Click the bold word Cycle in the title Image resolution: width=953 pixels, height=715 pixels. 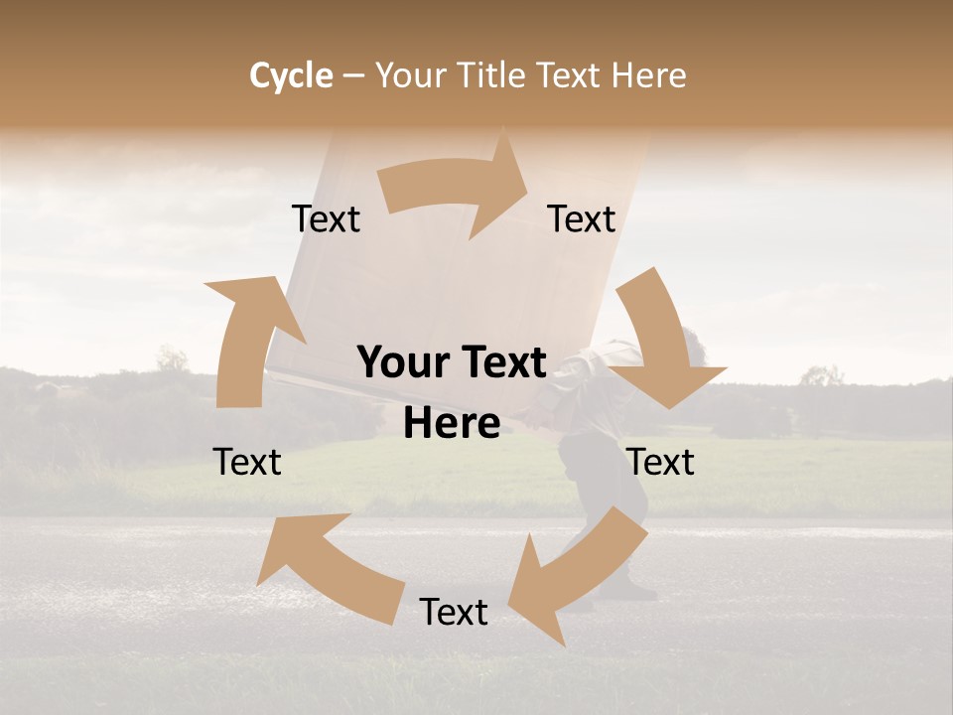pyautogui.click(x=291, y=75)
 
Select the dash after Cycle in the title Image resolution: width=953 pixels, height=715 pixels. pyautogui.click(x=353, y=75)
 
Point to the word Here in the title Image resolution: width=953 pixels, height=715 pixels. pyautogui.click(x=648, y=75)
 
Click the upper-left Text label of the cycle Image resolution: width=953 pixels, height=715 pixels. pyautogui.click(x=326, y=218)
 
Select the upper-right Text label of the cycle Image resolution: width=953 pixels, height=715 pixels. pyautogui.click(x=582, y=218)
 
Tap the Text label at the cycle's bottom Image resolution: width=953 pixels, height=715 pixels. pyautogui.click(x=454, y=612)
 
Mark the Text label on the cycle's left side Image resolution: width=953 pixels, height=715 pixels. pyautogui.click(x=247, y=462)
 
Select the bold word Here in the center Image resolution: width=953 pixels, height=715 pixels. pyautogui.click(x=452, y=424)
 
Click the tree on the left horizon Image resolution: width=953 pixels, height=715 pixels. pyautogui.click(x=173, y=359)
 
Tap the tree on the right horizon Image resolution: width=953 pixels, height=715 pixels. pyautogui.click(x=820, y=376)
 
